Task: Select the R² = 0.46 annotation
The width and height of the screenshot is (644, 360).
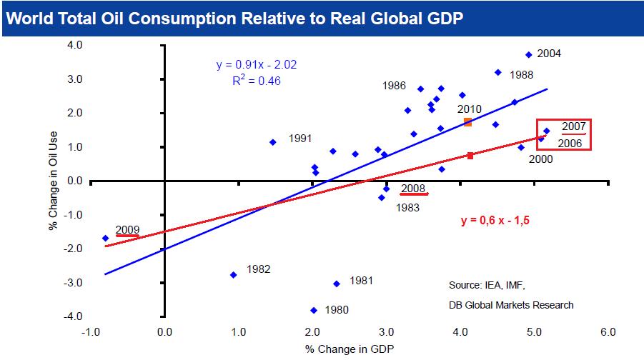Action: [x=256, y=81]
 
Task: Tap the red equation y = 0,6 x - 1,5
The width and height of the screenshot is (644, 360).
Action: [x=494, y=219]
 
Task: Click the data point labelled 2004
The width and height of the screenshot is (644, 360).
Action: [x=528, y=54]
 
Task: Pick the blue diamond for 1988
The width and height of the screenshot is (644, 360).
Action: [x=497, y=72]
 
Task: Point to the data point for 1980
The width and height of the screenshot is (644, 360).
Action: [x=313, y=310]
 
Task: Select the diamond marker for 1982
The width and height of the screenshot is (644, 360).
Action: [x=233, y=274]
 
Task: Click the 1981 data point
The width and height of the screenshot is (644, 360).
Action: [x=336, y=284]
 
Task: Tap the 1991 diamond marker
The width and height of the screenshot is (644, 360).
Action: [x=272, y=142]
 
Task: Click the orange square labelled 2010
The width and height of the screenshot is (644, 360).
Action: [x=467, y=122]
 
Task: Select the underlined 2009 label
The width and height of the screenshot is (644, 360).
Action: [x=127, y=231]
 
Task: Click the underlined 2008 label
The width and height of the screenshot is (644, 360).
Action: [x=413, y=189]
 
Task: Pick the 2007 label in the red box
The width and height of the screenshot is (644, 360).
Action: [x=574, y=127]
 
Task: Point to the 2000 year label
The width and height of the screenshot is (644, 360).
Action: [x=541, y=159]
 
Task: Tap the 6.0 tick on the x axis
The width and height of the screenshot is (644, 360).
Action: [x=608, y=331]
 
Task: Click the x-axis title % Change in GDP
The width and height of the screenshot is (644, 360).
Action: [x=350, y=349]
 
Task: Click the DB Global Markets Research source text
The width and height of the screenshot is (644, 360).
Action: [x=511, y=305]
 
